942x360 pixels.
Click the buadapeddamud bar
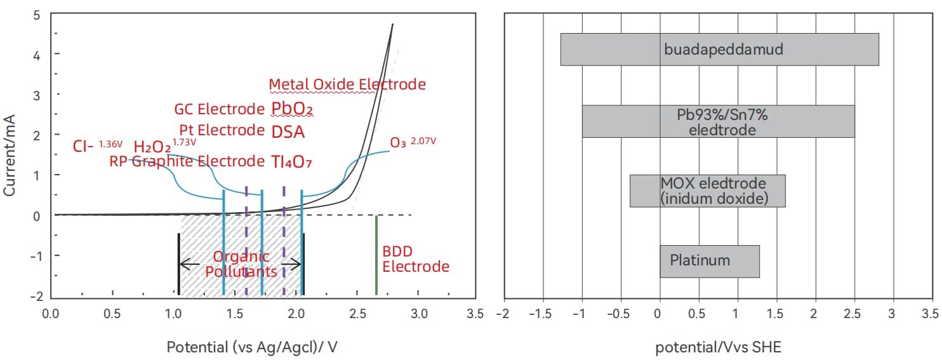[719, 49]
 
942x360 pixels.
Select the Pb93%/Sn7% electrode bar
[718, 121]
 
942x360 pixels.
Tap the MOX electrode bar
[707, 190]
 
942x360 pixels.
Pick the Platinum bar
[709, 260]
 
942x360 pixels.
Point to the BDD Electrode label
[416, 259]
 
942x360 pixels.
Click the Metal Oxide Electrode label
[347, 84]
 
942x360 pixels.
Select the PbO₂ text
[292, 109]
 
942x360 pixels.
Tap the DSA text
[288, 132]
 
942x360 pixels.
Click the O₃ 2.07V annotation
[413, 142]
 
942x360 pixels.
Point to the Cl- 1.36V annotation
[98, 147]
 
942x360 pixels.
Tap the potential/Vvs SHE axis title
[719, 347]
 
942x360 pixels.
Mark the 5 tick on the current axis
[37, 15]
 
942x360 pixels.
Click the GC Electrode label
[219, 109]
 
